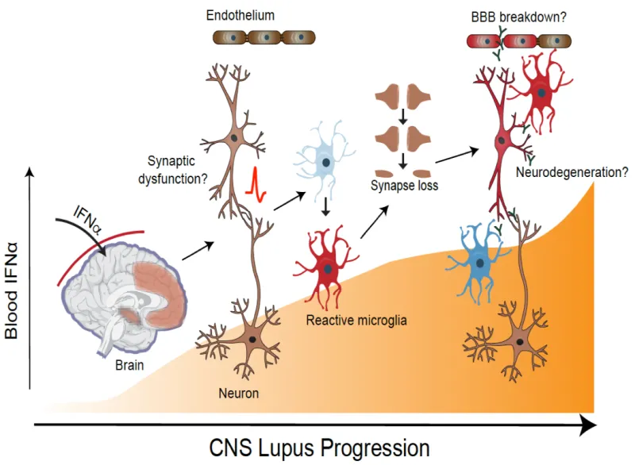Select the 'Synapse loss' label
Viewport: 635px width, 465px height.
coord(403,187)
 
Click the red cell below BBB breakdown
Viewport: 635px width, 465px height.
coord(541,94)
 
